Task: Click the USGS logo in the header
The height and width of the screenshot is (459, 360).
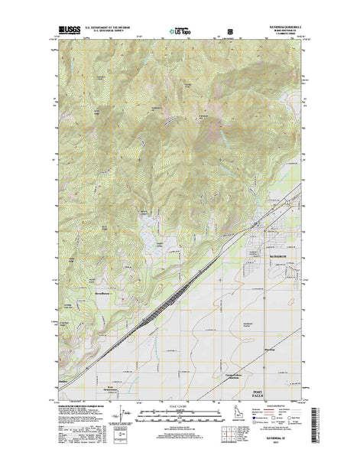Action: (x=64, y=34)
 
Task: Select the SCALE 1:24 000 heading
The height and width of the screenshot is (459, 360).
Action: (x=180, y=406)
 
